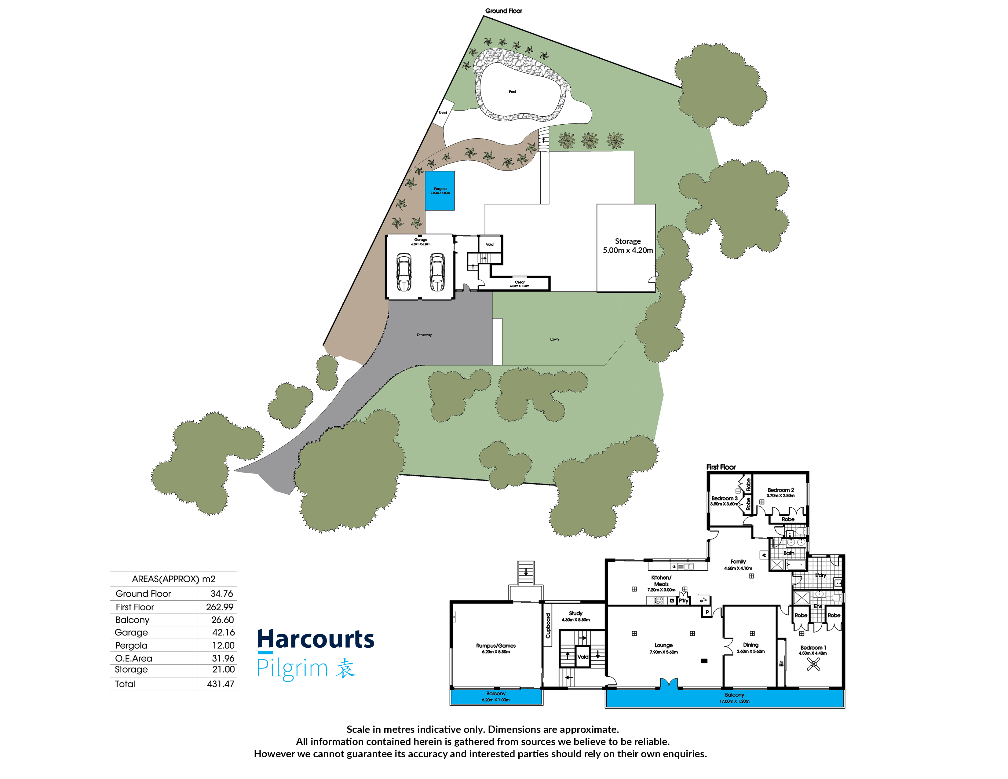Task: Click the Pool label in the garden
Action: point(512,92)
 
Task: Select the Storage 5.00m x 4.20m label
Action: point(628,246)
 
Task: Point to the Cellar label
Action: point(520,283)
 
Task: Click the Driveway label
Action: point(424,335)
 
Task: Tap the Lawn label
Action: point(554,339)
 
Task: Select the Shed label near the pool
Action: point(443,113)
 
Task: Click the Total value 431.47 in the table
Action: point(221,684)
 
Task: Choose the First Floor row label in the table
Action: point(135,607)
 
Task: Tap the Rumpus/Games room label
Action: point(496,648)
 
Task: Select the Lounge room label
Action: point(664,648)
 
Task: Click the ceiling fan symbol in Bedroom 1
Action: point(813,664)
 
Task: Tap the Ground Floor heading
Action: point(503,11)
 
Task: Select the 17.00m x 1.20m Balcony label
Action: point(734,698)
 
